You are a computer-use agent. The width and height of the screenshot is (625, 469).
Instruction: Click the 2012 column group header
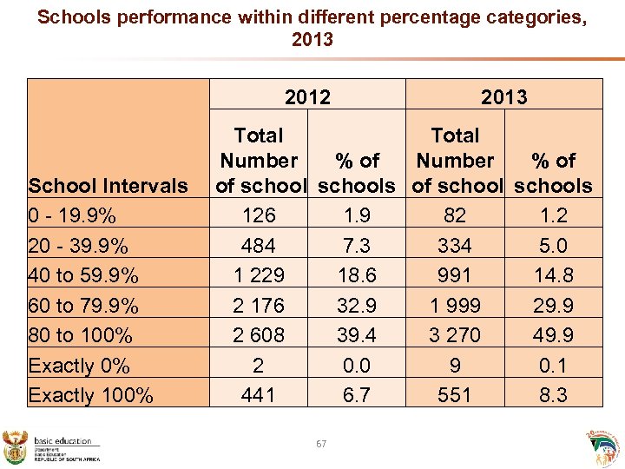(307, 97)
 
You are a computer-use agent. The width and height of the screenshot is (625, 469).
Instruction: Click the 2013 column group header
(504, 97)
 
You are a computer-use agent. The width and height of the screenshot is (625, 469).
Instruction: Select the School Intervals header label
(108, 185)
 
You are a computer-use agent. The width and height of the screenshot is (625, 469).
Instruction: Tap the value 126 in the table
(259, 215)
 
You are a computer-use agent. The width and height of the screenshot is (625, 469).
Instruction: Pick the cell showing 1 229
(259, 275)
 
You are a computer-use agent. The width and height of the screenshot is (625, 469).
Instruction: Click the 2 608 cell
(259, 335)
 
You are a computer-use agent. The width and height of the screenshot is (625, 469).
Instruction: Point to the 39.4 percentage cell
(357, 335)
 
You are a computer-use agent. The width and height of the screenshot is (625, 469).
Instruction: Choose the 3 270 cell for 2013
(455, 335)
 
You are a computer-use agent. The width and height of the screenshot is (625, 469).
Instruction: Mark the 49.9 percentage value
(553, 335)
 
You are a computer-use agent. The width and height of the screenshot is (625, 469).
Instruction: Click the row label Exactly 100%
(91, 395)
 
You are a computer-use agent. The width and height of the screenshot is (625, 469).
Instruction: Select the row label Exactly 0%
(79, 366)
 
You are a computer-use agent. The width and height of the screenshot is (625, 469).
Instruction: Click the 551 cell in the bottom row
(455, 395)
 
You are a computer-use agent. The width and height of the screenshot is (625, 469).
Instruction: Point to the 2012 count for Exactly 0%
(259, 366)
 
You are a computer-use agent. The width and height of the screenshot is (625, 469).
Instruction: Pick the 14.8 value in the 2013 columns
(553, 275)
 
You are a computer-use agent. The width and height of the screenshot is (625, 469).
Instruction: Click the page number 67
(321, 444)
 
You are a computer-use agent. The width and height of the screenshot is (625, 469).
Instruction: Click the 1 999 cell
(455, 306)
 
